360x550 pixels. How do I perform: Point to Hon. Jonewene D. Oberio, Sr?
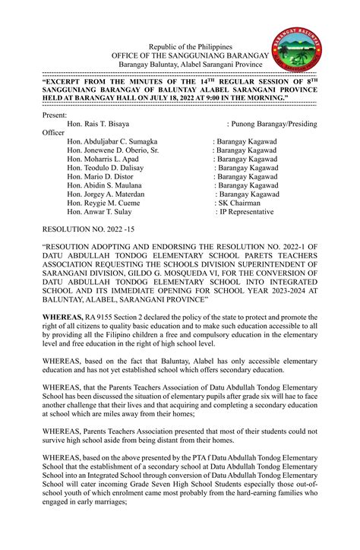(x=113, y=150)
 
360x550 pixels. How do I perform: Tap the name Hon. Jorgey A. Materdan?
(x=106, y=194)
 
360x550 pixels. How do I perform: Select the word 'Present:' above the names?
(x=55, y=114)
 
